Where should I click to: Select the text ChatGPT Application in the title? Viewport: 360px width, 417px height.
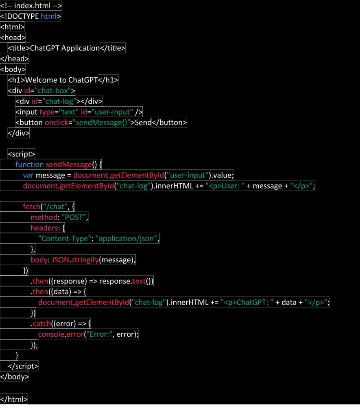65,48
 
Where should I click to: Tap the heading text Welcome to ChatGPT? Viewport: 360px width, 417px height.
61,80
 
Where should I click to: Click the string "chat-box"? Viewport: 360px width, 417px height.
54,90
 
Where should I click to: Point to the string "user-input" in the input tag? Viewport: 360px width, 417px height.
112,112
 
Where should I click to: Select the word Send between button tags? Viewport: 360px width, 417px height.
143,122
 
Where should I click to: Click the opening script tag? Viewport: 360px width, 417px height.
22,154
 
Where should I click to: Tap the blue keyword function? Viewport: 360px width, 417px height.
29,165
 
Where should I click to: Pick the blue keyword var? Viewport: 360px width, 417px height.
28,175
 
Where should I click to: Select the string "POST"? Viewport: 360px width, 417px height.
74,217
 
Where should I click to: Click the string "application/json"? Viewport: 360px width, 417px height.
127,239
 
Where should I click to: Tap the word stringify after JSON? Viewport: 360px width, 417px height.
85,260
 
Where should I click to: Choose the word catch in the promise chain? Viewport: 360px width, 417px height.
41,323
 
